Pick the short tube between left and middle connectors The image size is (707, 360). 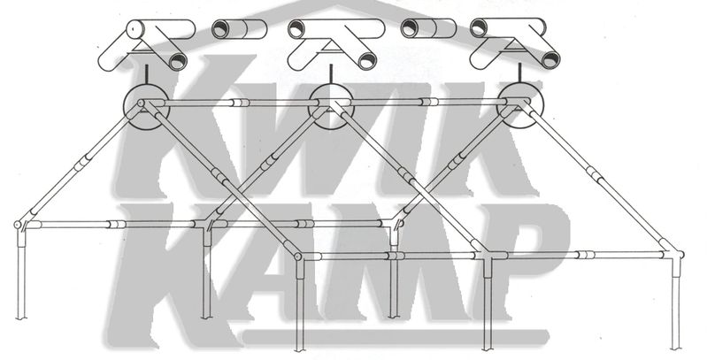point(240,29)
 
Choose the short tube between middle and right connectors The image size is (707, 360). point(428,28)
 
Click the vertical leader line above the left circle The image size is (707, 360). point(146,74)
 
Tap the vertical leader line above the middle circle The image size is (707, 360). point(331,74)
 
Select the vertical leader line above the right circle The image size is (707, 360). point(520,73)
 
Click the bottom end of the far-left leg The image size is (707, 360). point(21,318)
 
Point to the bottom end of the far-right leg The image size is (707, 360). point(675,348)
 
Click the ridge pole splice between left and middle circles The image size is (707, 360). point(241,103)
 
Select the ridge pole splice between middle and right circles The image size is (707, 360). point(429,102)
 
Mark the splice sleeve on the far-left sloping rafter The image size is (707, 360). point(81,163)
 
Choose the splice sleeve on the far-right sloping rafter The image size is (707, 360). point(595,175)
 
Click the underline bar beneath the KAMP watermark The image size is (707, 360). point(396,337)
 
